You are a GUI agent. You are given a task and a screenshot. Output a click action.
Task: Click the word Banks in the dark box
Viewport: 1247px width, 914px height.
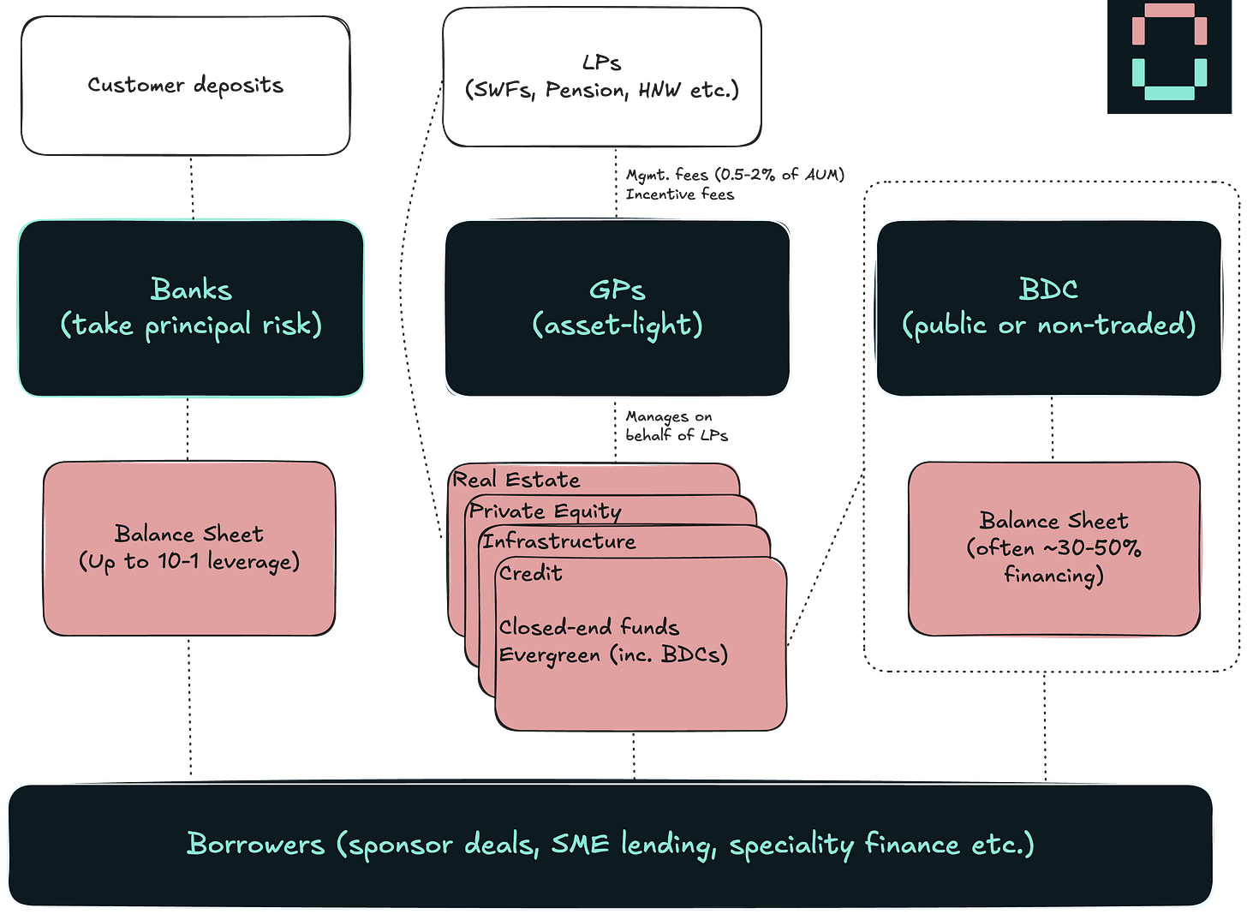coord(191,290)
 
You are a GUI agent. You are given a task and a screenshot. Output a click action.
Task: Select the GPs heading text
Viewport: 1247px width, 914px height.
coord(617,290)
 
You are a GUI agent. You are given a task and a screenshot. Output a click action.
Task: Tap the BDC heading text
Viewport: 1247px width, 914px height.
coord(1048,290)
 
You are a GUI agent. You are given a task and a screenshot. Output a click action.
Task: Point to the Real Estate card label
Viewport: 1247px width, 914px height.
coord(516,480)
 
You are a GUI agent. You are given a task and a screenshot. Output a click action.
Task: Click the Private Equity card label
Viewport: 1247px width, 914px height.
coord(545,511)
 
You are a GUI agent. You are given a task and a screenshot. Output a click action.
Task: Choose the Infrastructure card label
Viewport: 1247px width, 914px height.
coord(558,541)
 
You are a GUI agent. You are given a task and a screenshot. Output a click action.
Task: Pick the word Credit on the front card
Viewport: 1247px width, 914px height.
coord(530,573)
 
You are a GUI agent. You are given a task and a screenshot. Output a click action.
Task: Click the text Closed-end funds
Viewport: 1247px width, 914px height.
coord(588,627)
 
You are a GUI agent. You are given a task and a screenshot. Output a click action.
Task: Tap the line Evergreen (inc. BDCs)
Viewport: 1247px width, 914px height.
coord(612,655)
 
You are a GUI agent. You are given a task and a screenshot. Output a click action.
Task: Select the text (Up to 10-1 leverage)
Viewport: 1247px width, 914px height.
coord(189,562)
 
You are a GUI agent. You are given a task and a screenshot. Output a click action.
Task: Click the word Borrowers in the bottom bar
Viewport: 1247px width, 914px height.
coord(255,844)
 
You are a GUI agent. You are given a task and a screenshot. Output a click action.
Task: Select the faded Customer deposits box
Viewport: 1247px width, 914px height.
coord(186,85)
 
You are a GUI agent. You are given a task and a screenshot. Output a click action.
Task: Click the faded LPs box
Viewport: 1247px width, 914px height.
coord(601,76)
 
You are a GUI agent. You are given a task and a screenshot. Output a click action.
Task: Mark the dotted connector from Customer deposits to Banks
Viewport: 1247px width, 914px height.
coord(191,187)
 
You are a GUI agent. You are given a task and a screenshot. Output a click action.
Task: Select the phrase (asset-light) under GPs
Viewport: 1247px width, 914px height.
coord(617,326)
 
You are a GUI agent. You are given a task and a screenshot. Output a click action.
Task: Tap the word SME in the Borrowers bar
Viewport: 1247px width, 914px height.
coord(580,844)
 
